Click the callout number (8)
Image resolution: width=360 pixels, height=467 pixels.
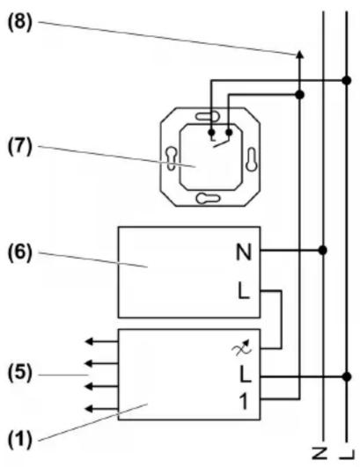pyautogui.click(x=19, y=23)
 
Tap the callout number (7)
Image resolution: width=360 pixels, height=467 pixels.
pyautogui.click(x=19, y=147)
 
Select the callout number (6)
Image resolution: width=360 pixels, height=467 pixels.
pyautogui.click(x=19, y=253)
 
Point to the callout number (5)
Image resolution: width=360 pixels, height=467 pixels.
pyautogui.click(x=19, y=374)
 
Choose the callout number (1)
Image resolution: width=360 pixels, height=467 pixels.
pyautogui.click(x=19, y=441)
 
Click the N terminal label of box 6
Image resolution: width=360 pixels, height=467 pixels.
pyautogui.click(x=244, y=252)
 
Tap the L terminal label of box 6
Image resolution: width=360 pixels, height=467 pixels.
pyautogui.click(x=244, y=291)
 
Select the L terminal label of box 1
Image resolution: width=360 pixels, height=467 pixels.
pyautogui.click(x=246, y=375)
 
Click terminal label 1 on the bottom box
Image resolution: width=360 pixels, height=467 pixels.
pyautogui.click(x=245, y=401)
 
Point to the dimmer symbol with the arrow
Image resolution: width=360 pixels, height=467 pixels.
pyautogui.click(x=242, y=347)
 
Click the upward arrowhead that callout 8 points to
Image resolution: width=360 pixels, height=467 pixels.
pyautogui.click(x=300, y=54)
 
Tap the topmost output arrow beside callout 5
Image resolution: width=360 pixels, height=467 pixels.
pyautogui.click(x=102, y=341)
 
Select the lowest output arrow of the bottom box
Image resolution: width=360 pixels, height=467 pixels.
pyautogui.click(x=102, y=409)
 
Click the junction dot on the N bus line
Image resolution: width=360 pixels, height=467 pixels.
pyautogui.click(x=323, y=250)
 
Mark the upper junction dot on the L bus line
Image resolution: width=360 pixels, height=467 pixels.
pyautogui.click(x=347, y=80)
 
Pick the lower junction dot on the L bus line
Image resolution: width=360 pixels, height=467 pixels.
pyautogui.click(x=347, y=376)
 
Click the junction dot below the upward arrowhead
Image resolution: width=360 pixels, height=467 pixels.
pyautogui.click(x=300, y=95)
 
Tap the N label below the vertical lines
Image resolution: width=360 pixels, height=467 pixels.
pyautogui.click(x=320, y=453)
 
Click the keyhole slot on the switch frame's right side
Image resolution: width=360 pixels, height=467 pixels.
pyautogui.click(x=251, y=159)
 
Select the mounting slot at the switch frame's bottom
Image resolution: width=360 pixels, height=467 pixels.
pyautogui.click(x=209, y=198)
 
